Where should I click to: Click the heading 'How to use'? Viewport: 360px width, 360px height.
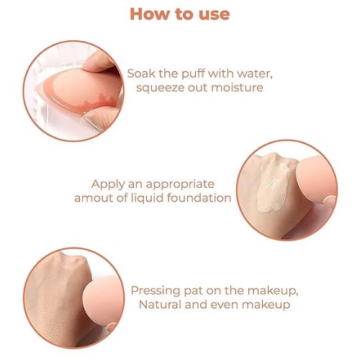click(180, 14)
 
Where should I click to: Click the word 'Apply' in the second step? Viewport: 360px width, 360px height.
click(108, 185)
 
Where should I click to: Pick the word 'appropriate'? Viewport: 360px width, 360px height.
click(180, 185)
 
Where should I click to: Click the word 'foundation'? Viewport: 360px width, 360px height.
click(199, 198)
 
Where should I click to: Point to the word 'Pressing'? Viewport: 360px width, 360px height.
click(156, 291)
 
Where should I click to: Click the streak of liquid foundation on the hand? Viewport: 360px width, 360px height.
click(274, 184)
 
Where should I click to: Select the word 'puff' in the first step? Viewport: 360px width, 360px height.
click(194, 74)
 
